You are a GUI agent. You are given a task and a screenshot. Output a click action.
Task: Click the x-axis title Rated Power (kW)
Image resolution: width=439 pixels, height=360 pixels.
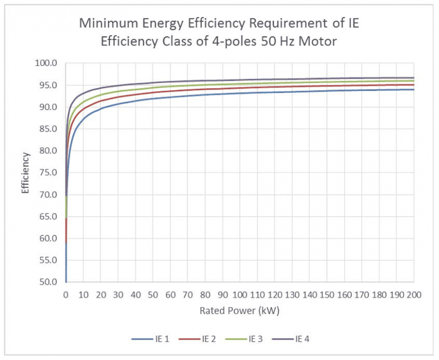tap(240, 311)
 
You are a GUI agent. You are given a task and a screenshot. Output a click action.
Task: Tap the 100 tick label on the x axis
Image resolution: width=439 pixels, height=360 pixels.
tap(240, 295)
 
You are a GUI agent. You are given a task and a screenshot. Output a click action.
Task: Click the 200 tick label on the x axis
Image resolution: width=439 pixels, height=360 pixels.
tap(413, 295)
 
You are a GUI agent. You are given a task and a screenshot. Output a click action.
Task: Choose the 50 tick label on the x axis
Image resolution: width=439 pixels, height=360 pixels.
tap(153, 295)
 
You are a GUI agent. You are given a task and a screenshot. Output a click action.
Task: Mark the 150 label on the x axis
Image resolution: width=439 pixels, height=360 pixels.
tap(326, 295)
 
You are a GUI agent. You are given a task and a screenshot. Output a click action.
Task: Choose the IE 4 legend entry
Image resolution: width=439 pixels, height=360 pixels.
tap(302, 339)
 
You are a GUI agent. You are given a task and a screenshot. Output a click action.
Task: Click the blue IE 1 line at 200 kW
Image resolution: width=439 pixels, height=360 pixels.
tap(413, 89)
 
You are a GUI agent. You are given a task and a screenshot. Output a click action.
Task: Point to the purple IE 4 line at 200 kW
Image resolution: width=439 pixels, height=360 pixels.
tap(413, 78)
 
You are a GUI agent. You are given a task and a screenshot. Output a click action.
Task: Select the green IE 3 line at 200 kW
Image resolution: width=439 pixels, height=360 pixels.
tap(413, 81)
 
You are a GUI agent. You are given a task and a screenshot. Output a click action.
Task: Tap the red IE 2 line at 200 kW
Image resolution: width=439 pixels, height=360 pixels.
tap(413, 85)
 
